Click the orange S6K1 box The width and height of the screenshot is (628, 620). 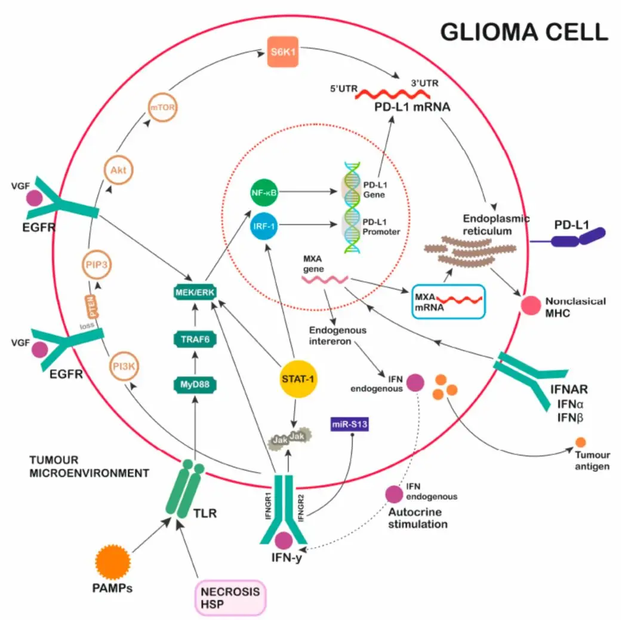click(x=282, y=53)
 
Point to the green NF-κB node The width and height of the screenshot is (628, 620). click(x=263, y=193)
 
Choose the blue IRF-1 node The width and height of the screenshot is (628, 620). click(x=263, y=225)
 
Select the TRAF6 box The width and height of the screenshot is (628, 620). click(x=193, y=339)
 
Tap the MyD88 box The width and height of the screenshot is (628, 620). click(x=193, y=383)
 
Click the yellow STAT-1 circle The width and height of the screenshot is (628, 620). click(x=297, y=379)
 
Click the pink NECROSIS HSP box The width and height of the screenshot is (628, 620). click(x=230, y=597)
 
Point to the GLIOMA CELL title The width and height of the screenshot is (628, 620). click(x=524, y=32)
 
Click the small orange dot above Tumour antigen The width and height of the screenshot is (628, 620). click(x=580, y=443)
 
